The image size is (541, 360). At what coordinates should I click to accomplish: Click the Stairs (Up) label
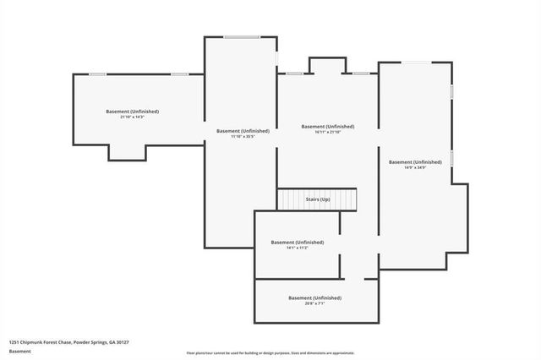tap(318, 199)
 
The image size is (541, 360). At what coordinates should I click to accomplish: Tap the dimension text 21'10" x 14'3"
tap(133, 117)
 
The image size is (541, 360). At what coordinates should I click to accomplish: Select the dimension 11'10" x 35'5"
tap(243, 137)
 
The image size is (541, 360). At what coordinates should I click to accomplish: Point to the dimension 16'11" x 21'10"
tap(328, 133)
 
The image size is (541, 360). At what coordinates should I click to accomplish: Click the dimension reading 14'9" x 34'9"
tap(415, 167)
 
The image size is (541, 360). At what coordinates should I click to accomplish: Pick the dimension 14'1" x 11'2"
tap(298, 248)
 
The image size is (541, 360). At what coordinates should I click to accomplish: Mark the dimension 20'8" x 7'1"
tap(314, 303)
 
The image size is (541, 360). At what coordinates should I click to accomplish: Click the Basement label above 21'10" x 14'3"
tap(133, 112)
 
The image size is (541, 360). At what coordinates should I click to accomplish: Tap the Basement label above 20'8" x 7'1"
tap(314, 297)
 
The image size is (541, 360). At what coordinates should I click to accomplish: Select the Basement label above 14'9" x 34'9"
tap(415, 161)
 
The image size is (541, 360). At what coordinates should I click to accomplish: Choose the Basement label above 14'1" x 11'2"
tap(298, 243)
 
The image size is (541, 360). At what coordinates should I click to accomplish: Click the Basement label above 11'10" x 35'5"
tap(243, 131)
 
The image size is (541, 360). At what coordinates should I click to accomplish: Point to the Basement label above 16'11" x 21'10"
tap(328, 127)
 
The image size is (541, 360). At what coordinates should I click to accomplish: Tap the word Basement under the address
tap(19, 351)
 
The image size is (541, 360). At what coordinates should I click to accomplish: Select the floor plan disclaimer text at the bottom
tap(270, 353)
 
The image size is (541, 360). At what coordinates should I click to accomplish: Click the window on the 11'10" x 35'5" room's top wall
tap(242, 36)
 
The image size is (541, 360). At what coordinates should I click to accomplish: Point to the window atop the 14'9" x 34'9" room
tap(415, 63)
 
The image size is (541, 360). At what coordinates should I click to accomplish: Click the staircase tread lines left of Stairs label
tap(290, 199)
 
